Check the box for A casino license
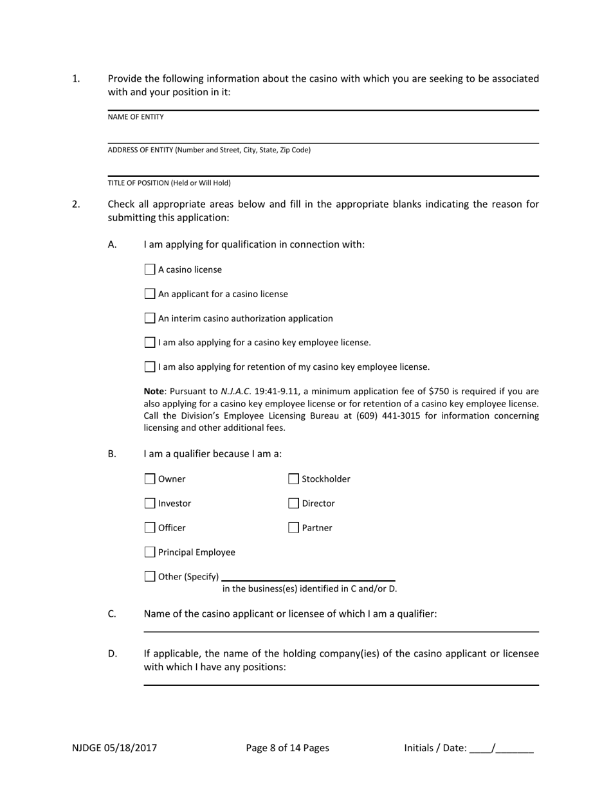tap(150, 269)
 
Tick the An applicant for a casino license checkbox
tap(150, 294)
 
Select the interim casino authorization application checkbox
tap(150, 318)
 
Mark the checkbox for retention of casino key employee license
tap(150, 367)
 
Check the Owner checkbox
tap(150, 479)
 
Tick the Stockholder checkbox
tap(293, 479)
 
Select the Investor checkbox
tap(150, 504)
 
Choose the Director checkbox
tap(293, 504)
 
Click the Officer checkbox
tap(150, 528)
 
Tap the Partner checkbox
tap(293, 528)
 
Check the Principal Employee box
tap(150, 552)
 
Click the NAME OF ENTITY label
tap(136, 117)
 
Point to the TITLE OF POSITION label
tap(169, 183)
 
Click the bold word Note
tap(154, 391)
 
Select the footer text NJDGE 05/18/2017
tap(114, 748)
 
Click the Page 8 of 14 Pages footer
tap(287, 748)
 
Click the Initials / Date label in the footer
tap(435, 748)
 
